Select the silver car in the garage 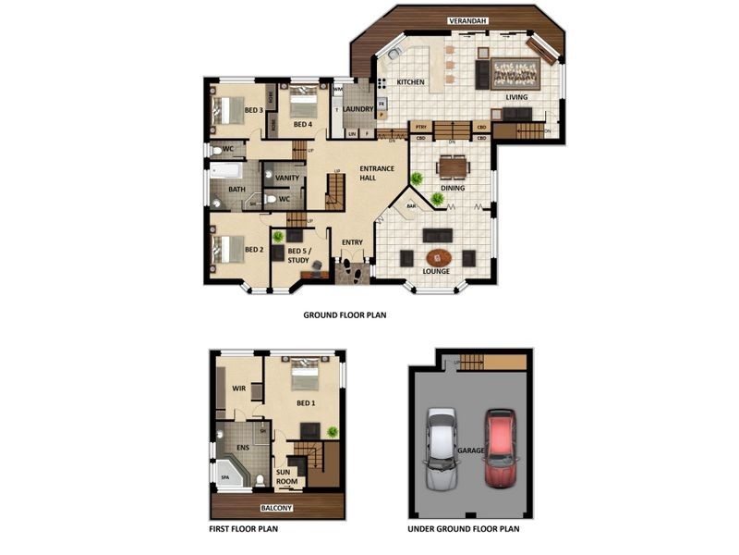(442, 449)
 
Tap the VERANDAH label (468, 19)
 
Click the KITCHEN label (411, 82)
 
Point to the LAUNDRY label (357, 109)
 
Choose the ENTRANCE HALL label (377, 173)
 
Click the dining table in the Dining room (453, 166)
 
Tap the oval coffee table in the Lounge (438, 257)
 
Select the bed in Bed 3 (227, 111)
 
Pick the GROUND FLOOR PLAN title (345, 314)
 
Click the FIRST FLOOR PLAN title (244, 530)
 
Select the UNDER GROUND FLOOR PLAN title (464, 530)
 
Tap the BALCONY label (276, 508)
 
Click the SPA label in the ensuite (224, 477)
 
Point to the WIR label (237, 388)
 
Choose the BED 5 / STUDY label (298, 255)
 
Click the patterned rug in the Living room (515, 72)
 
